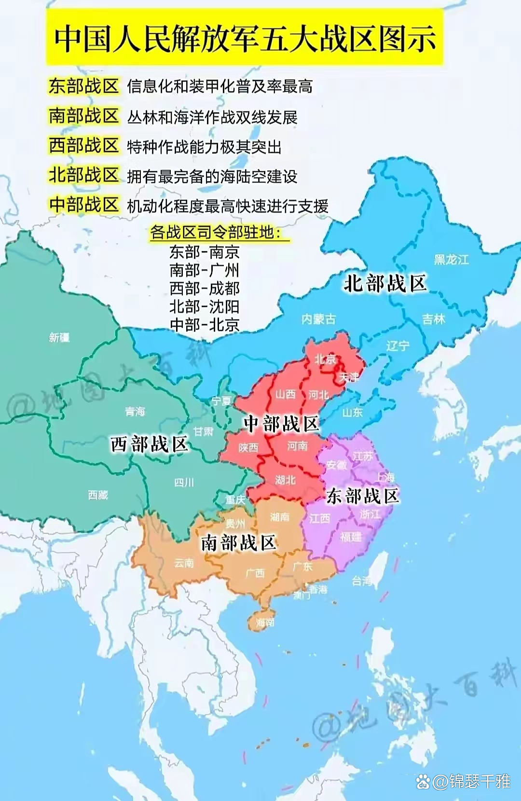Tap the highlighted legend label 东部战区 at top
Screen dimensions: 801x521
[x=84, y=86]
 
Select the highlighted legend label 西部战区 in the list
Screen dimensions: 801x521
[x=84, y=145]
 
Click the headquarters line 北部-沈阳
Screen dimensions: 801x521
[x=205, y=306]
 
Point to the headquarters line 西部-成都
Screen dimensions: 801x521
[x=205, y=288]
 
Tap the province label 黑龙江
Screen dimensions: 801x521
[x=451, y=260]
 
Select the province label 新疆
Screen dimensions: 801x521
[x=59, y=337]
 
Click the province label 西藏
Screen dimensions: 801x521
[x=98, y=495]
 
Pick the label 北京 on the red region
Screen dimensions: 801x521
[x=325, y=359]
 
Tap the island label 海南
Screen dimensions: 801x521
[x=265, y=622]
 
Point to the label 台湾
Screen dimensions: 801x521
[x=362, y=580]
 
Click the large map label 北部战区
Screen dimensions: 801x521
[x=385, y=283]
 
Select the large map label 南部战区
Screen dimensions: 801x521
[x=238, y=543]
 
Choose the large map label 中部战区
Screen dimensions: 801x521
[x=282, y=424]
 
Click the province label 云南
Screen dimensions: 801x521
[x=184, y=563]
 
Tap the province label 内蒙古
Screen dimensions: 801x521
[x=318, y=319]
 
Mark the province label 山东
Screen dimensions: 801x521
[x=352, y=413]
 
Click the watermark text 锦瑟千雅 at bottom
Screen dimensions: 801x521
[x=480, y=781]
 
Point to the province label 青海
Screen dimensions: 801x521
[x=135, y=412]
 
